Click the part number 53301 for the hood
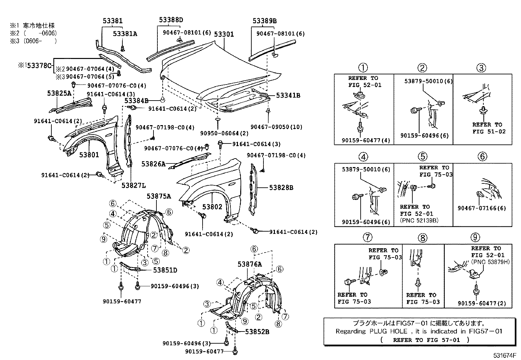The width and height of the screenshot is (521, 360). tap(224, 34)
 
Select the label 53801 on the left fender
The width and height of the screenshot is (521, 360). tap(89, 154)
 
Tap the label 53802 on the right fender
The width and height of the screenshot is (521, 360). tap(212, 207)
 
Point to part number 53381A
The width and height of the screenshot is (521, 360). tap(125, 33)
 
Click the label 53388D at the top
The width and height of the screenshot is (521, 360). tap(171, 20)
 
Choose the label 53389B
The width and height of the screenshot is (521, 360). tap(264, 21)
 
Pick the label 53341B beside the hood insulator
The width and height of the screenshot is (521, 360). tap(288, 96)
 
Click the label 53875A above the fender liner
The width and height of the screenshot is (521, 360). tap(159, 196)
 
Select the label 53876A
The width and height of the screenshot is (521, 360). tap(250, 264)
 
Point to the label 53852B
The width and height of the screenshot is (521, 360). tap(257, 332)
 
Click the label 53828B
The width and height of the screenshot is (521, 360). tap(281, 188)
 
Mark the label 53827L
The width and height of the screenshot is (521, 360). tap(134, 185)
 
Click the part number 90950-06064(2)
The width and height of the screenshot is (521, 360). tap(225, 133)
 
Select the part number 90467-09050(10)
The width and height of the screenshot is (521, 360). tap(277, 127)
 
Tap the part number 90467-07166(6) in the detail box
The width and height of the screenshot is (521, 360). tap(482, 208)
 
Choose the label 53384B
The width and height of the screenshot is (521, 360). tap(136, 101)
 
